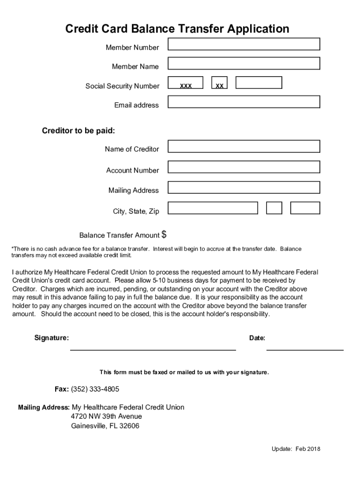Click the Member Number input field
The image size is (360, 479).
244,44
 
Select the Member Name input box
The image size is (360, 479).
244,63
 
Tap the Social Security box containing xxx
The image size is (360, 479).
186,83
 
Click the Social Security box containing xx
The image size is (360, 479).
219,83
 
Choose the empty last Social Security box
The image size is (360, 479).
259,83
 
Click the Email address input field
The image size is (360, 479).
244,102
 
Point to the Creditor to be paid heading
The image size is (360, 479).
79,131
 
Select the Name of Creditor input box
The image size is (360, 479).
244,146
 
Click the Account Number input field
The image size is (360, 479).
244,167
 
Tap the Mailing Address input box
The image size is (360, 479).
244,188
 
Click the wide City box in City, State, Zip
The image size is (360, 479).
213,208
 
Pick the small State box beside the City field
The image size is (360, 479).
274,208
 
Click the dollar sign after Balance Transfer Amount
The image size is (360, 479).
164,234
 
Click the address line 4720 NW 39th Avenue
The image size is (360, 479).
106,416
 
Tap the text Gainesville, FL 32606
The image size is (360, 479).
105,426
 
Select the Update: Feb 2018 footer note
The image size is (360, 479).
296,449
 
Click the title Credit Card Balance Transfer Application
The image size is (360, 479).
177,29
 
